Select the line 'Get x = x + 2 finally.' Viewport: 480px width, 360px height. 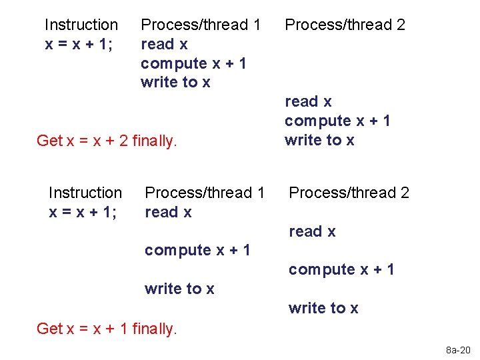pos(107,141)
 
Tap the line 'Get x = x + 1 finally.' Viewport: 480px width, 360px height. pos(107,328)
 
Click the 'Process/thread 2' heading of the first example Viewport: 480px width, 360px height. pos(345,25)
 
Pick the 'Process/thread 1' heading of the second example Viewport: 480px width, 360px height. pos(205,193)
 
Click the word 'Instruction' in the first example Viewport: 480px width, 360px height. pos(81,25)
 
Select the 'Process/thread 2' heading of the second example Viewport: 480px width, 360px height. pos(349,193)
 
